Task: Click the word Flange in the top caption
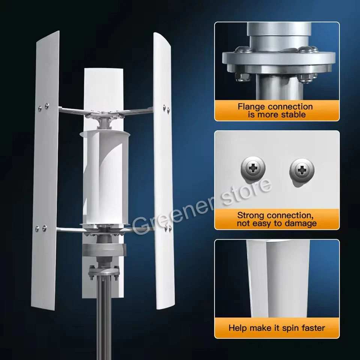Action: tap(251, 106)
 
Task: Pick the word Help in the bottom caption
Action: tap(238, 328)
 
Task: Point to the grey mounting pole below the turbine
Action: tap(104, 319)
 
